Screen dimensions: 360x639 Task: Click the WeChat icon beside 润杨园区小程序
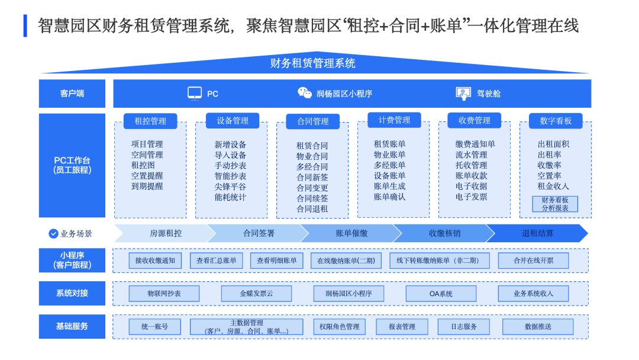coord(305,93)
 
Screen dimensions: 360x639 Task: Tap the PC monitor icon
coord(195,93)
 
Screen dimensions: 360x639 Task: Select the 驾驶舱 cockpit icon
coord(463,93)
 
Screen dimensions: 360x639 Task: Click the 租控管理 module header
coord(150,121)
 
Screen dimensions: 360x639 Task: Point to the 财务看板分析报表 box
coord(555,204)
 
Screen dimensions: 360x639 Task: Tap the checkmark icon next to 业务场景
coord(53,233)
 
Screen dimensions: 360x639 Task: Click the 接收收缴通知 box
coord(155,261)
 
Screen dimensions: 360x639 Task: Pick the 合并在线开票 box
coord(533,261)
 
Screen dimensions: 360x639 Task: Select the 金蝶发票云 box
coord(256,294)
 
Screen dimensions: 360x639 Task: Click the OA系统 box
coord(441,294)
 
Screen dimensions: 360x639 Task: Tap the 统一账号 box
coord(154,327)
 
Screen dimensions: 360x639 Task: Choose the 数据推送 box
coord(538,327)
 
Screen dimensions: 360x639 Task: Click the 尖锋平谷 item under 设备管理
coord(230,187)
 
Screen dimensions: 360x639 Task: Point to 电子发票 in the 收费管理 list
coord(472,197)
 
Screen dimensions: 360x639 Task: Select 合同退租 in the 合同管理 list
coord(312,208)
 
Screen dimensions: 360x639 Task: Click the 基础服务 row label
coord(72,326)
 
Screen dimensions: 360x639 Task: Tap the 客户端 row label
coord(72,94)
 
